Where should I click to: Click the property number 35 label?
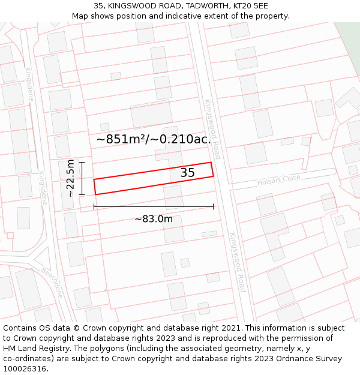pos(188,173)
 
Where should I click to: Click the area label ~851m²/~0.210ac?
pos(154,139)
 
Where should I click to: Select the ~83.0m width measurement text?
pos(154,219)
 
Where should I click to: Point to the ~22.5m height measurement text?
pos(71,178)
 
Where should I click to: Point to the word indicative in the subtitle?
pos(190,16)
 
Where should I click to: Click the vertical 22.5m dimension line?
pos(82,178)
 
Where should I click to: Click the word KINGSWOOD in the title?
pos(131,6)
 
